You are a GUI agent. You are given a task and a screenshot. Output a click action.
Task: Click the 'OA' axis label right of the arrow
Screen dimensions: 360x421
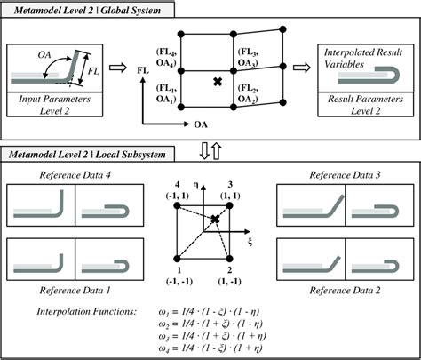point(202,127)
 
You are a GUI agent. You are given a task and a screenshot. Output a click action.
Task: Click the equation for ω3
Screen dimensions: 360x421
point(239,334)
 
